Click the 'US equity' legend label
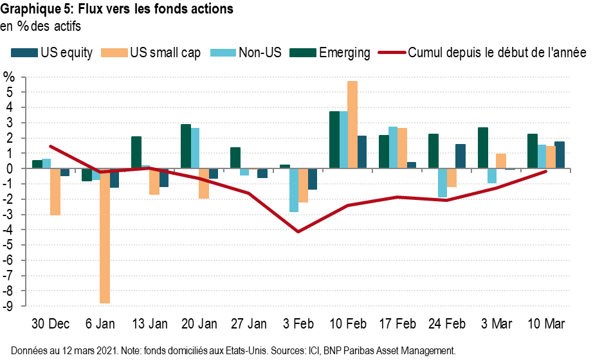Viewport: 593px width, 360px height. click(66, 53)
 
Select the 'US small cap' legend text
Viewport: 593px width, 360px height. click(165, 53)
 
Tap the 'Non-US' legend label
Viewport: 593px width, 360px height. click(260, 53)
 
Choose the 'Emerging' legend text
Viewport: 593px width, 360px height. click(345, 53)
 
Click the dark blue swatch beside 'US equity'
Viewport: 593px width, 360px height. click(24, 53)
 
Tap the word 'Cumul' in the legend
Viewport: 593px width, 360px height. click(424, 53)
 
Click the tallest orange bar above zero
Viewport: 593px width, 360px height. click(352, 125)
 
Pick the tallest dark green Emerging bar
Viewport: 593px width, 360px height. click(334, 139)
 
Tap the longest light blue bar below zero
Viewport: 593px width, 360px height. click(293, 190)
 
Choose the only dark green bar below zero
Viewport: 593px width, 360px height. click(86, 175)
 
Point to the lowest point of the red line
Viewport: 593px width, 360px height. click(298, 231)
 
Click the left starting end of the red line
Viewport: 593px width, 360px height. click(50, 146)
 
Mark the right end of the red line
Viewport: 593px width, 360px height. click(546, 171)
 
